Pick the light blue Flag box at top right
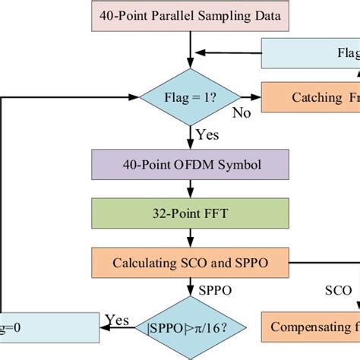tap(311, 54)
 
